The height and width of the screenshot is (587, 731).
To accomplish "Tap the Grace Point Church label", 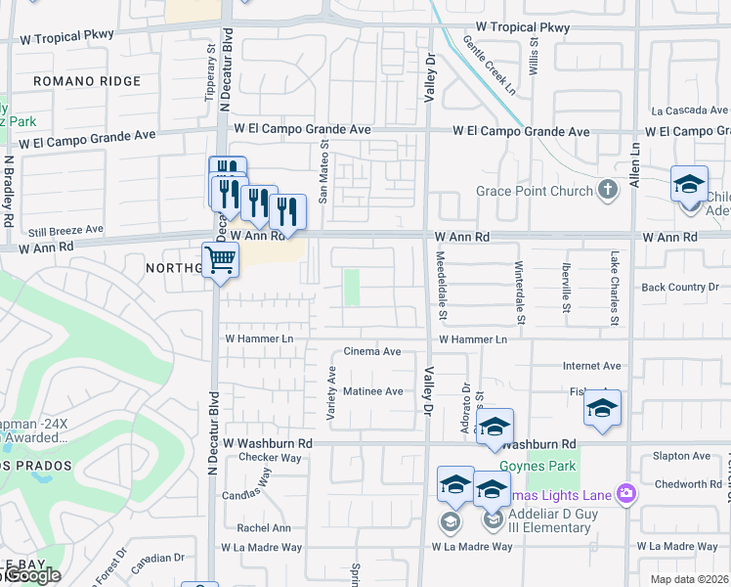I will coord(535,191).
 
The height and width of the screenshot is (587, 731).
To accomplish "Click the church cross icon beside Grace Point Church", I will coord(608,190).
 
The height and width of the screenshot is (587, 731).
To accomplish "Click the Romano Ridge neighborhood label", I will coord(87,81).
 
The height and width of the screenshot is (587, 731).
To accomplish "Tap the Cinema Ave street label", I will coord(372,351).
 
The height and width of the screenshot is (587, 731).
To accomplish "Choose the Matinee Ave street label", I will coord(372,391).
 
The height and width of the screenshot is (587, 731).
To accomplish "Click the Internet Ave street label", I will coord(591,366).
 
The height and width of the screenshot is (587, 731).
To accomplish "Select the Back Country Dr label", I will coord(680,287).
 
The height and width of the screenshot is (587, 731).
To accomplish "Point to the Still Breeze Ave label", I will coord(61,230).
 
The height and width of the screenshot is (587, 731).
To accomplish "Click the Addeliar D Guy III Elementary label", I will coord(549,521).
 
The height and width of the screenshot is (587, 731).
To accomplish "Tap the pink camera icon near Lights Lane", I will coord(625,495).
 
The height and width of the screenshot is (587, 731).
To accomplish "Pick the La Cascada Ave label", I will coord(690,111).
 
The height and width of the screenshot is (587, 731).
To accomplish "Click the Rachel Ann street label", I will coord(264,527).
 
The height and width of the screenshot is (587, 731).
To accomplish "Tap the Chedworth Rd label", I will coord(688,484).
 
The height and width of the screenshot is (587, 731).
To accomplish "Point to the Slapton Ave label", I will coord(681,456).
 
